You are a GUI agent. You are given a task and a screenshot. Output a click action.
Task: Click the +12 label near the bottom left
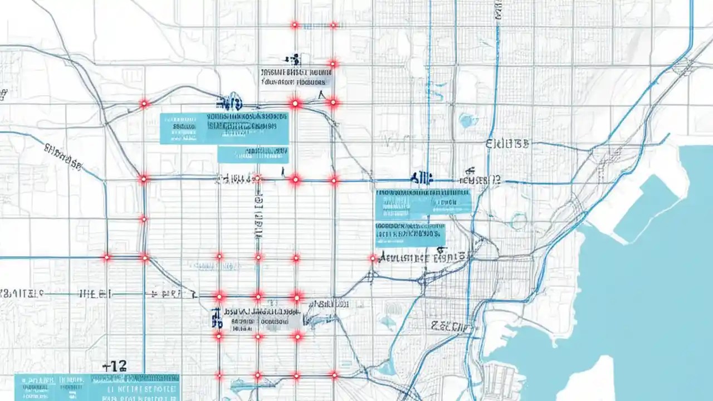pos(115,366)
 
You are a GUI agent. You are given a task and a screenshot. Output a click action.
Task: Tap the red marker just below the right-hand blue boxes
pos(373,258)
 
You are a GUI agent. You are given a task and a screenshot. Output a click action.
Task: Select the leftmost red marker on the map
pos(106,257)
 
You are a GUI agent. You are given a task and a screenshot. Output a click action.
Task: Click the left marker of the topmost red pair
pos(294,25)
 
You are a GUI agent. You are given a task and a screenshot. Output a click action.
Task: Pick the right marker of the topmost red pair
pos(333,25)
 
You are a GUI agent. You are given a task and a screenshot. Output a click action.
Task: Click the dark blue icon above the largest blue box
pos(228,103)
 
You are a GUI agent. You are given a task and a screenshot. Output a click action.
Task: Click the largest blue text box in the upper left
pos(224,129)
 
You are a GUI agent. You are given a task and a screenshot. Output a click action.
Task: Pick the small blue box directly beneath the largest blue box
pos(253,154)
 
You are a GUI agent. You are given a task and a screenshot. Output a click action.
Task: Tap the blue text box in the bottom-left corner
pos(96,387)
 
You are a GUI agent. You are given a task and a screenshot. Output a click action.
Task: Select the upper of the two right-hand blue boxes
pos(423,203)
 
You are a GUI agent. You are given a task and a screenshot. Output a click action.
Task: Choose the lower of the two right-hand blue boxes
pos(411,234)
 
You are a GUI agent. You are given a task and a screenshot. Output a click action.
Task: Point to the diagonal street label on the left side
pos(62,155)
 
